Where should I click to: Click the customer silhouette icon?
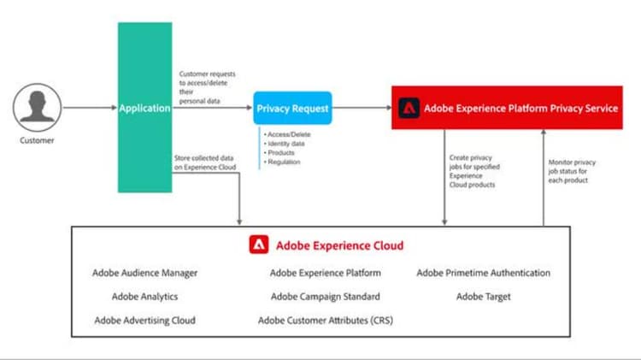click(x=37, y=109)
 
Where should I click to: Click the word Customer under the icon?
click(x=37, y=140)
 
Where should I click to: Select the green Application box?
click(x=145, y=109)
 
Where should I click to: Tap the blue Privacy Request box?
click(x=291, y=109)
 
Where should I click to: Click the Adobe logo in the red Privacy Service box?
click(x=409, y=109)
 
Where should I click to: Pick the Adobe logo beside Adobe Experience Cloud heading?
click(x=259, y=245)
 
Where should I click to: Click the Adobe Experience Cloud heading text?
click(x=339, y=245)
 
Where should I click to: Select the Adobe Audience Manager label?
click(x=145, y=274)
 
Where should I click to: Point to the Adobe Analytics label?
click(x=145, y=297)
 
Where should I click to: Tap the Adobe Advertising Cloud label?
click(x=145, y=321)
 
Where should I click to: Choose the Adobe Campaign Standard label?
click(x=325, y=297)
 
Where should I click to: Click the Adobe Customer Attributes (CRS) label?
click(x=325, y=321)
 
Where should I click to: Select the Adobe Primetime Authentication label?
click(x=483, y=274)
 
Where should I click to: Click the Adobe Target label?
click(x=483, y=297)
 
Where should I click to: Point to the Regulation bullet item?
click(x=284, y=162)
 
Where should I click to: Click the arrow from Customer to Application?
click(x=90, y=109)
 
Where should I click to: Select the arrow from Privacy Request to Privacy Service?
click(x=362, y=109)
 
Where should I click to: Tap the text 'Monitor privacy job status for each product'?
click(x=572, y=171)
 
